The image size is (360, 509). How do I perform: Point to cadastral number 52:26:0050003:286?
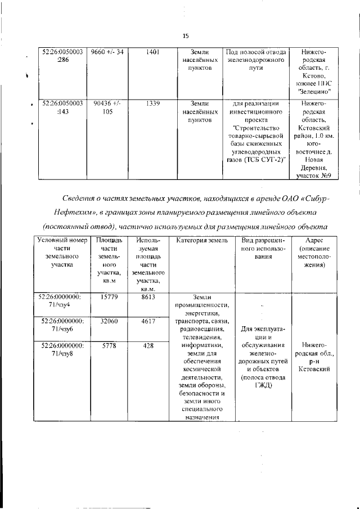coord(63,56)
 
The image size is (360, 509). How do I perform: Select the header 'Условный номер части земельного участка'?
coord(58,254)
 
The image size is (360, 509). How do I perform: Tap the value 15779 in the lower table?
coord(107,298)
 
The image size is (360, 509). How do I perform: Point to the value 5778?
coord(107,345)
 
